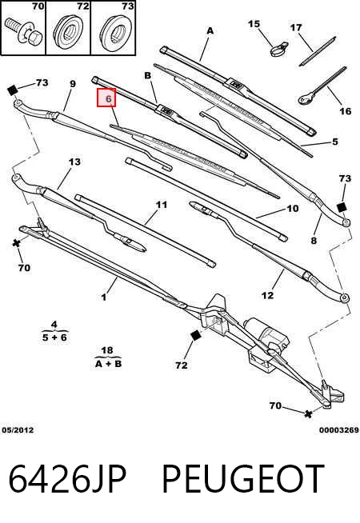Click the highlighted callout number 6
106,98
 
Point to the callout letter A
210,30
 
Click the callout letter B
147,76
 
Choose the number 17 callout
296,27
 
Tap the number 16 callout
346,110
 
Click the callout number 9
73,84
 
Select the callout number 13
74,162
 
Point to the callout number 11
162,204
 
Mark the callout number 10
292,209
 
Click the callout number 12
267,295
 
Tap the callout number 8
314,240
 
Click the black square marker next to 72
195,336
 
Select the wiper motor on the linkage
267,335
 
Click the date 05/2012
18,430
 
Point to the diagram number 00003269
339,430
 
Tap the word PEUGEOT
242,479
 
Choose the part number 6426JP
67,479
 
